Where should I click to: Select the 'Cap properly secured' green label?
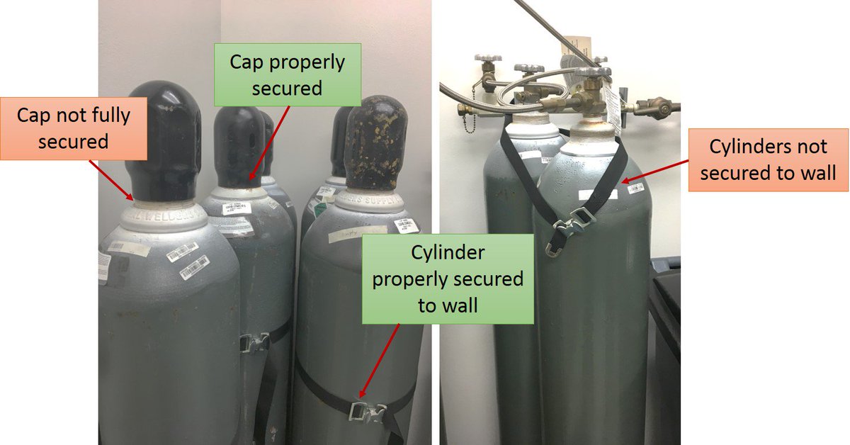(x=287, y=75)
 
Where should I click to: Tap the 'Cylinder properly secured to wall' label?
(x=448, y=279)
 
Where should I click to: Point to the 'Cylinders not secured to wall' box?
(x=768, y=159)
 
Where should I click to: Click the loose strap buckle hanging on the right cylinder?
(x=569, y=225)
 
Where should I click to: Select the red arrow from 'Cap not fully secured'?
(x=112, y=177)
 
